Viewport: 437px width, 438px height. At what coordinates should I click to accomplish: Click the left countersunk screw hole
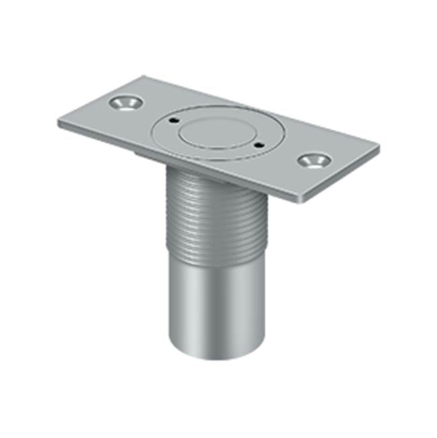point(124,103)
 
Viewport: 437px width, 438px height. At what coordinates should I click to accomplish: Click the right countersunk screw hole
point(313,160)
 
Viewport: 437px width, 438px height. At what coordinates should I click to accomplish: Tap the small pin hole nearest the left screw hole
point(173,121)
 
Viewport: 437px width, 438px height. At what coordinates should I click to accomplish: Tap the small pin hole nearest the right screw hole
point(258,143)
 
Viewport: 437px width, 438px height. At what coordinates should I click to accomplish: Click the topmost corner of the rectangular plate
point(143,75)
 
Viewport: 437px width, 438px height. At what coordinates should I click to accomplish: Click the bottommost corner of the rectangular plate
point(300,201)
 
